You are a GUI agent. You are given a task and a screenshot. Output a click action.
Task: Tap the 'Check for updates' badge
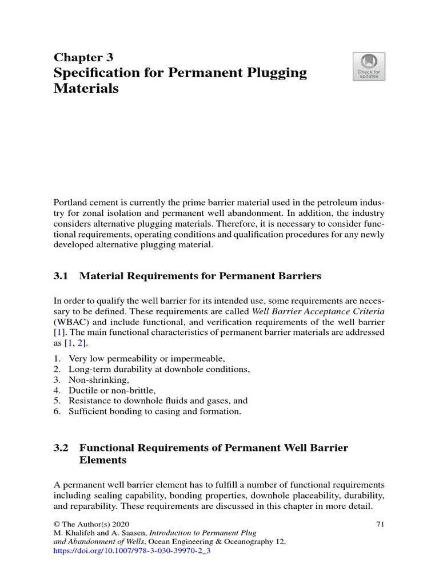(368, 66)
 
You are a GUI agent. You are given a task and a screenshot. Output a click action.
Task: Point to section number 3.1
(61, 276)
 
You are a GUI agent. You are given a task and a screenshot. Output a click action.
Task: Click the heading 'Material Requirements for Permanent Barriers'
(200, 276)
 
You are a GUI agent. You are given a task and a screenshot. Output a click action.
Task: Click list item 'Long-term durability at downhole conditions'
(159, 369)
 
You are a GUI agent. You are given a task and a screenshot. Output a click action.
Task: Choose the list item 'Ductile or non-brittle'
(111, 390)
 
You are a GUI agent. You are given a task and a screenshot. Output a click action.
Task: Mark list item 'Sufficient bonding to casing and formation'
(154, 411)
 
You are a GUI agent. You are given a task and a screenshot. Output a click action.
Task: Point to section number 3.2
(61, 447)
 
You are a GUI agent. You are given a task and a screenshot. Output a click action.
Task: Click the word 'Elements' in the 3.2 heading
(103, 460)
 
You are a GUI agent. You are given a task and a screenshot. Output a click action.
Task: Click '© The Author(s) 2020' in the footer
(91, 523)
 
